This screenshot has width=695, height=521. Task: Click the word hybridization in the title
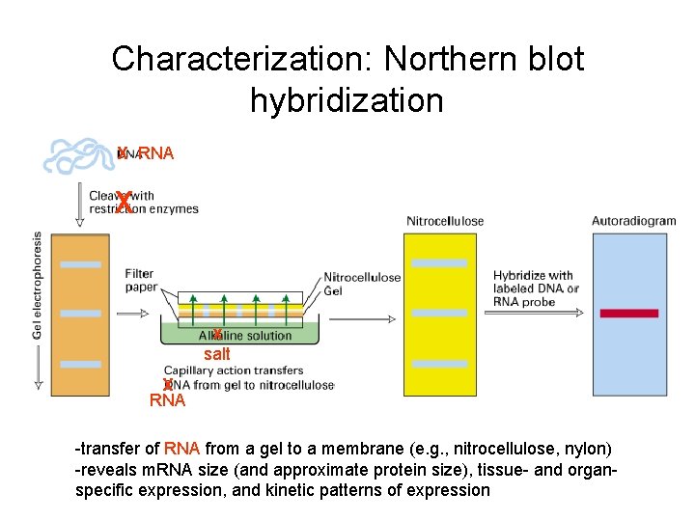347,99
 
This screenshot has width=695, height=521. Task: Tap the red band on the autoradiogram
628,314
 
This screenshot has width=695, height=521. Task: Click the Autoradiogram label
633,221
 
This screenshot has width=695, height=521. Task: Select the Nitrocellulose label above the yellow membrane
445,221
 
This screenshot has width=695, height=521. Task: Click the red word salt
217,354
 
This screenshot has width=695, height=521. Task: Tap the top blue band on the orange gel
80,263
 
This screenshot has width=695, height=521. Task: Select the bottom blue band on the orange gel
80,364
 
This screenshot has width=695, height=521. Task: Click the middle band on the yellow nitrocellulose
439,314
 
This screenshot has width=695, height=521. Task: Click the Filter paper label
139,280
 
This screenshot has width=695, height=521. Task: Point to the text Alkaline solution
245,336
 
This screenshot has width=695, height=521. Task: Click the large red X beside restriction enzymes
124,204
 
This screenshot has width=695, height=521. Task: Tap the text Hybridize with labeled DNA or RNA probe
536,288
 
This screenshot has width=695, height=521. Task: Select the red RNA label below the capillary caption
168,400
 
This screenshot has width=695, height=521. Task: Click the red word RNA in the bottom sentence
182,449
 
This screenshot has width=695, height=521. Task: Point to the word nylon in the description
590,449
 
